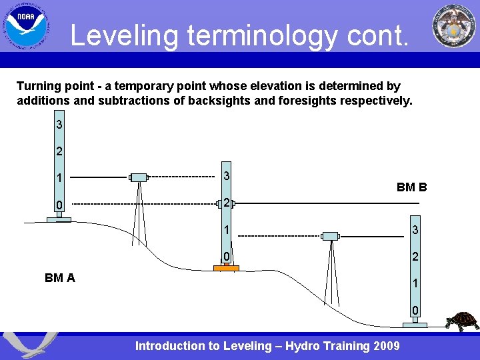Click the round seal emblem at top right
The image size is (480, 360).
pyautogui.click(x=454, y=26)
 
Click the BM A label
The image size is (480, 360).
pyautogui.click(x=60, y=278)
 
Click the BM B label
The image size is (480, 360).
pyautogui.click(x=411, y=187)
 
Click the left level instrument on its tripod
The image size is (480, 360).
pyautogui.click(x=139, y=177)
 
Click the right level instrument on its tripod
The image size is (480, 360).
pyautogui.click(x=330, y=236)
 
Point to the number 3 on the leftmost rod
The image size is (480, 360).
pyautogui.click(x=59, y=125)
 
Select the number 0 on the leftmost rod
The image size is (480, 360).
pyautogui.click(x=59, y=205)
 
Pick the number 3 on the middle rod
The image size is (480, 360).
pyautogui.click(x=227, y=176)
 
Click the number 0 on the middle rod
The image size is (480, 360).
pyautogui.click(x=227, y=257)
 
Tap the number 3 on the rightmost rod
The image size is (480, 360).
pyautogui.click(x=415, y=231)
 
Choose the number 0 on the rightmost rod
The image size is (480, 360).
pyautogui.click(x=415, y=311)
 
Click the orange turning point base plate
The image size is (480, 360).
pyautogui.click(x=226, y=268)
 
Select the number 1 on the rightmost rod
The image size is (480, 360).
pyautogui.click(x=415, y=283)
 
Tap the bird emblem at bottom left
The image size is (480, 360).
pyautogui.click(x=30, y=345)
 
